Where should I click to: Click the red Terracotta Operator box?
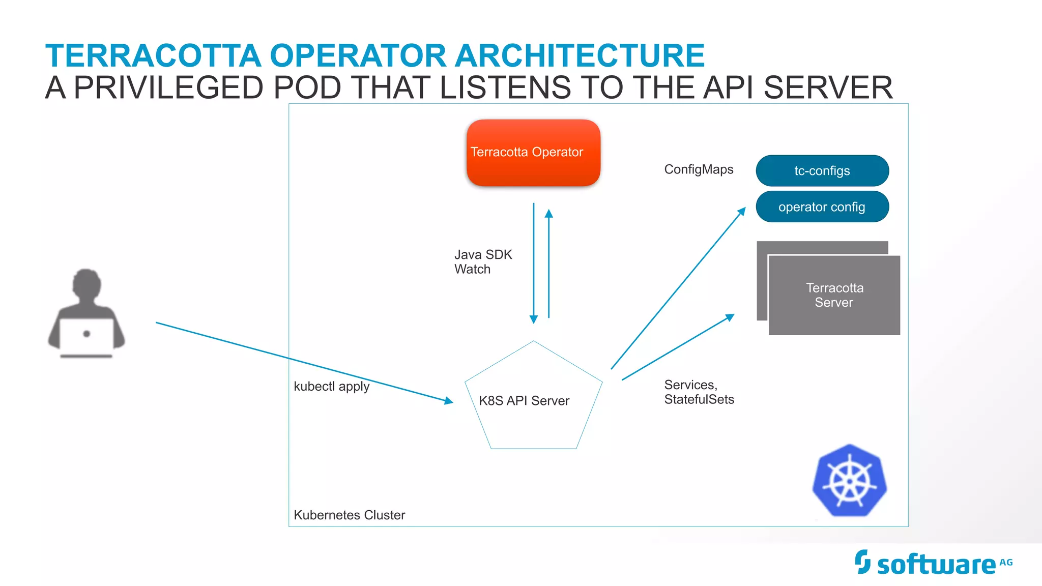point(533,153)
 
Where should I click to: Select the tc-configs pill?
point(822,170)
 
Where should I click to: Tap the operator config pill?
point(822,207)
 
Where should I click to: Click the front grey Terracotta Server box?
point(834,295)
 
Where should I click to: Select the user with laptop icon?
point(86,313)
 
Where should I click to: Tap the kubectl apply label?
point(332,387)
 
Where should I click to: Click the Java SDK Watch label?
point(483,262)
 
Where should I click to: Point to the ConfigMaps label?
point(699,169)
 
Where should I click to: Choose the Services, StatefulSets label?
point(699,392)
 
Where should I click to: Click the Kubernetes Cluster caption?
point(350,515)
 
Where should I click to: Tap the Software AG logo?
point(934,563)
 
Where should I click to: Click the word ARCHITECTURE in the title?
point(580,55)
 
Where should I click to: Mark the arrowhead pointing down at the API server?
point(534,319)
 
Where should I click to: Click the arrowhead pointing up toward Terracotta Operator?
point(548,214)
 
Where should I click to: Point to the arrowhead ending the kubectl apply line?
point(448,401)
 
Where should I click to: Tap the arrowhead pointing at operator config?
point(742,211)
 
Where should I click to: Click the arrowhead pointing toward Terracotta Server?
point(730,317)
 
